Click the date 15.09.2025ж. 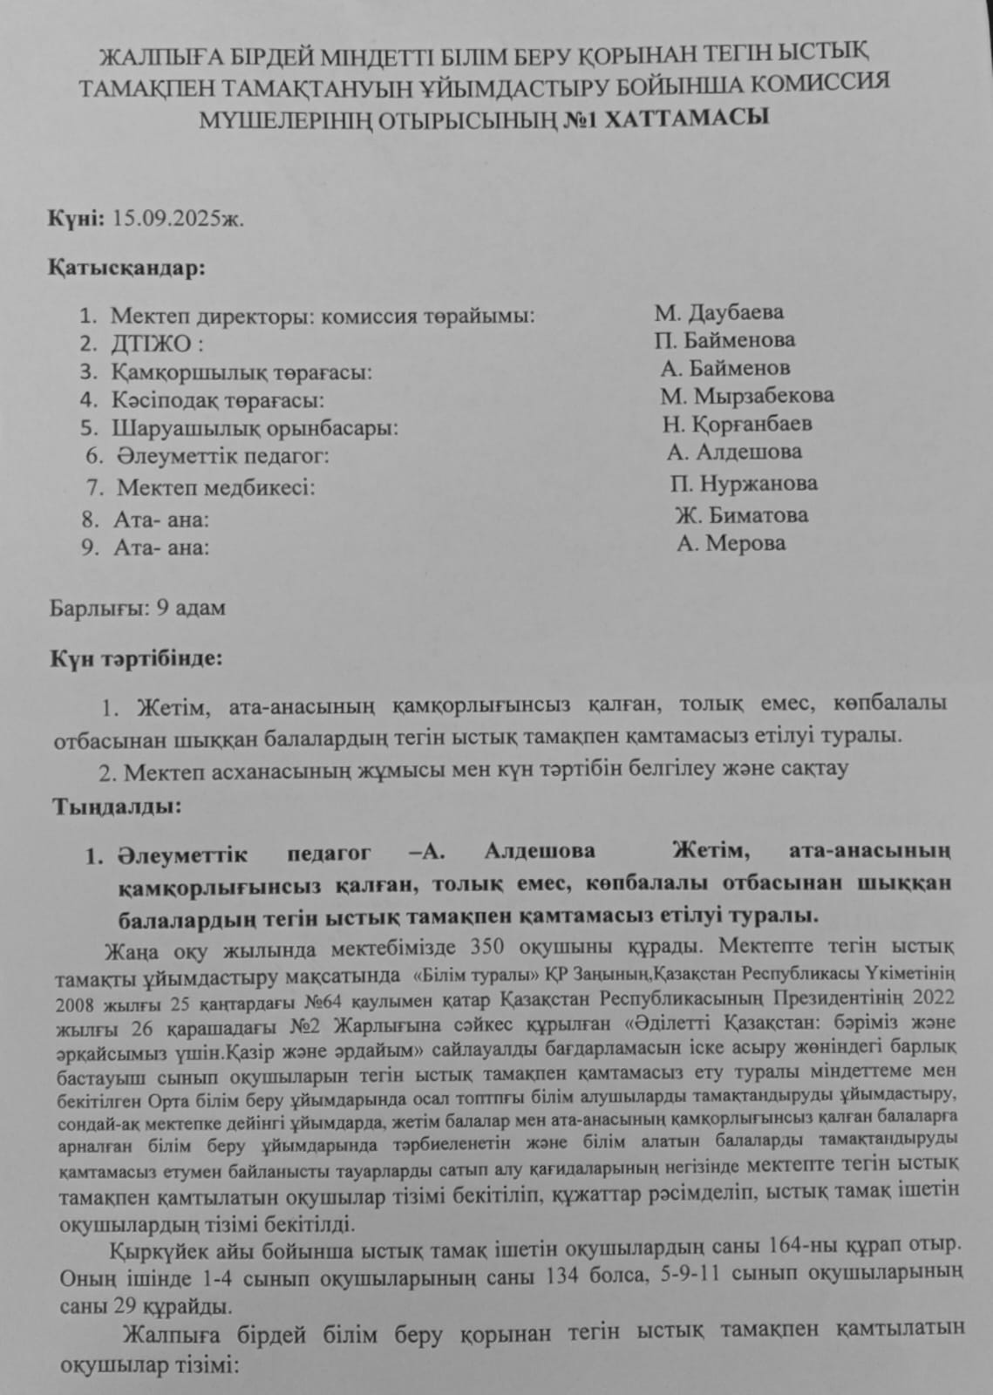[179, 217]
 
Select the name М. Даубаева [718, 312]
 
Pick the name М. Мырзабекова [746, 396]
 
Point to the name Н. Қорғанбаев [738, 425]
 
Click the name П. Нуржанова [744, 483]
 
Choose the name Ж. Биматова [741, 514]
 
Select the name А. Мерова [731, 544]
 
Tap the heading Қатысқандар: [127, 267]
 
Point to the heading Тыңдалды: [118, 806]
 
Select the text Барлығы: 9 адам [139, 607]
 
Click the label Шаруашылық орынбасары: [255, 429]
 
